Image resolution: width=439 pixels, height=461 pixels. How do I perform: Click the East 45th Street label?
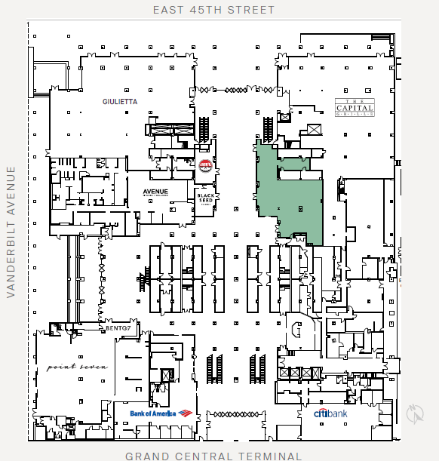pyautogui.click(x=213, y=10)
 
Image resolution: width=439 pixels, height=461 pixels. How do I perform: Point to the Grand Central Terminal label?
pyautogui.click(x=213, y=456)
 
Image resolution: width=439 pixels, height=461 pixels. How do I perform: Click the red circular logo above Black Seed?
pyautogui.click(x=204, y=165)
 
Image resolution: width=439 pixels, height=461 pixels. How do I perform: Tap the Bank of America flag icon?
pyautogui.click(x=186, y=413)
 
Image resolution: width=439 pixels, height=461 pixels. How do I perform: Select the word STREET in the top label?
pyautogui.click(x=250, y=10)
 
